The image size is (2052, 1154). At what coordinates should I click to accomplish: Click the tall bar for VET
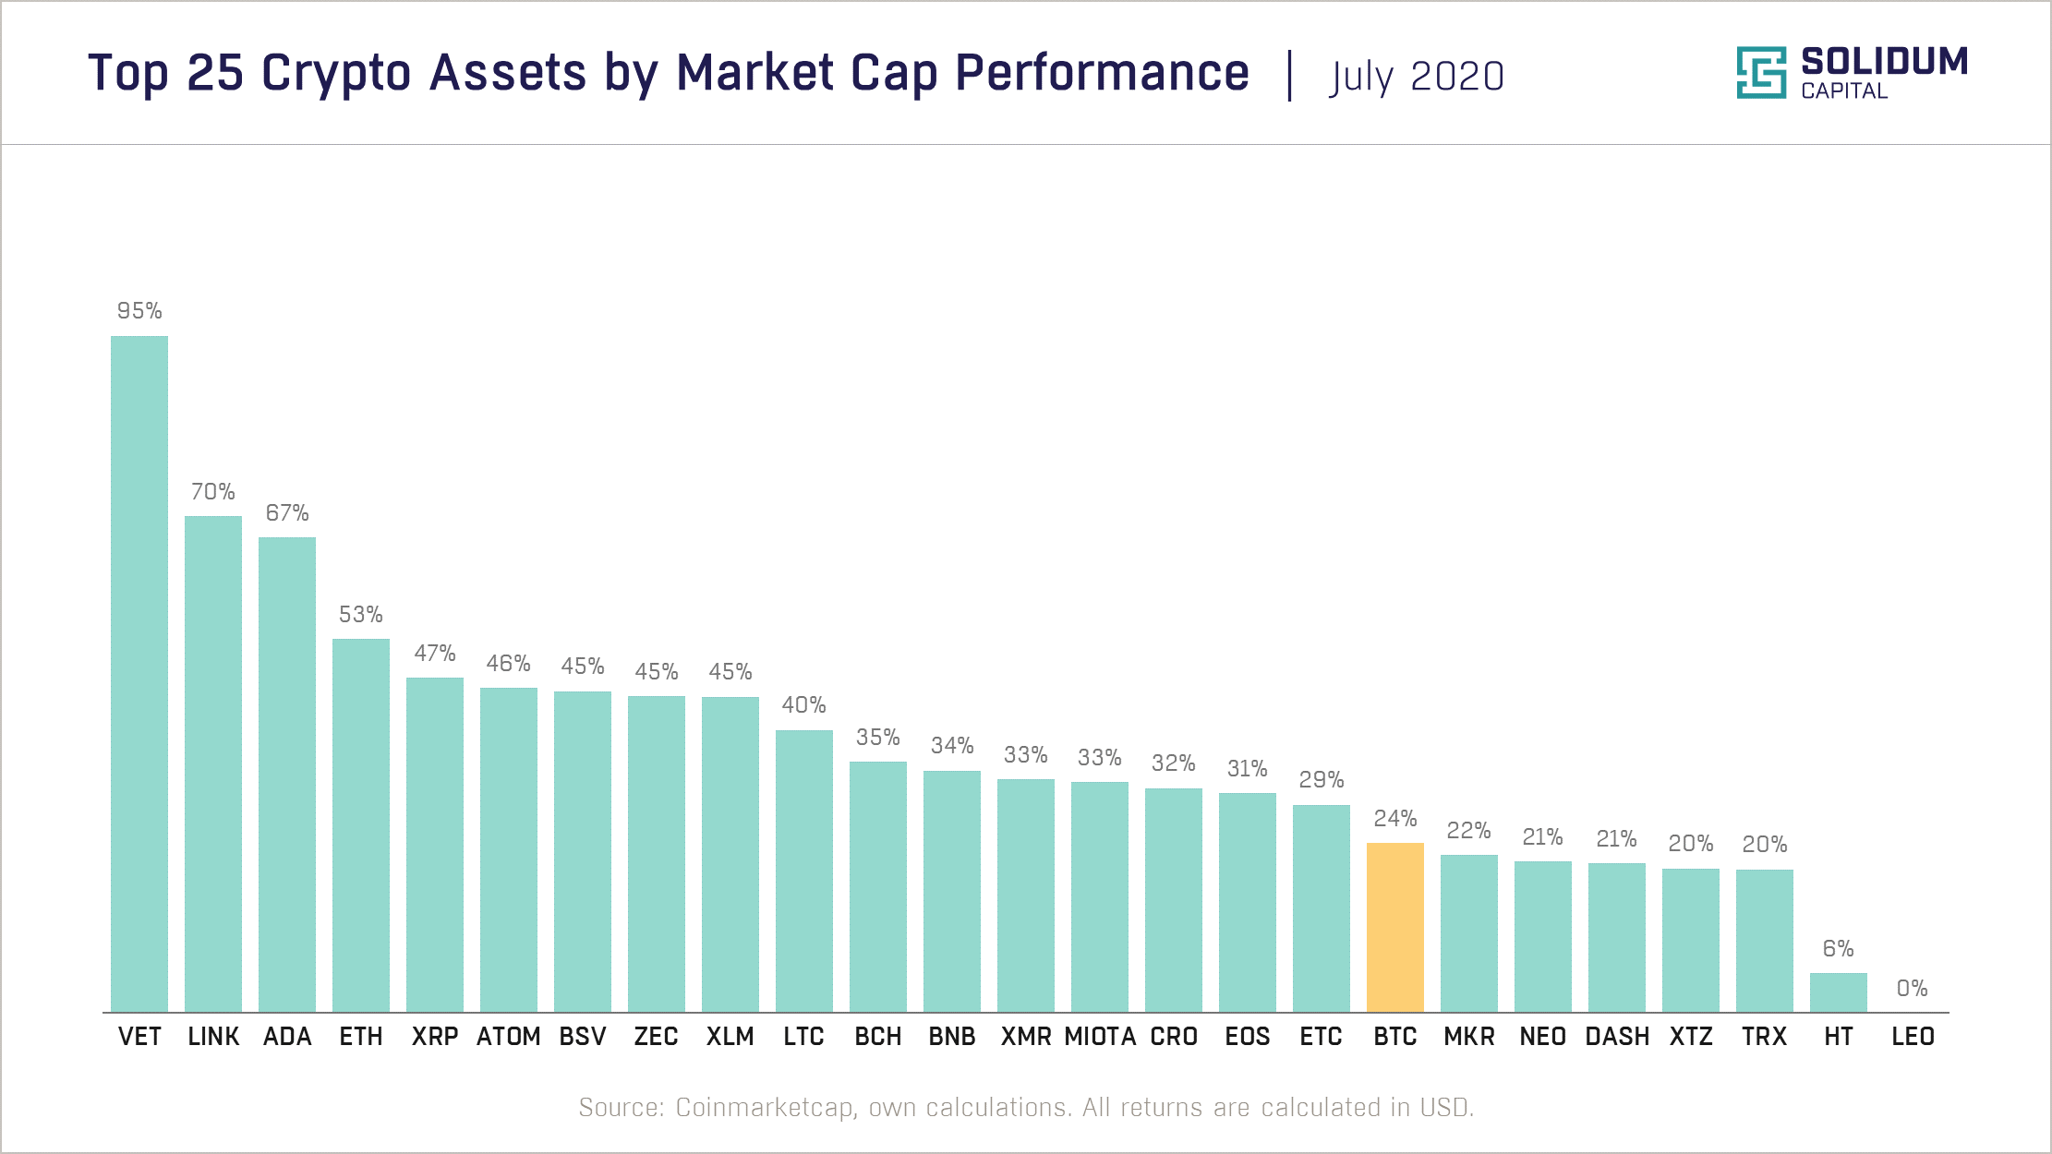tap(139, 674)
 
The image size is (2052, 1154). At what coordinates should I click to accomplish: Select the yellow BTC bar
tap(1394, 927)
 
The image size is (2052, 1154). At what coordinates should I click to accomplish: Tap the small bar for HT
tap(1838, 992)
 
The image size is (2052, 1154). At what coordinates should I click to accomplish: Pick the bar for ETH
tap(361, 825)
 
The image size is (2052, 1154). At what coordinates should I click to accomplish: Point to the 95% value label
tap(139, 311)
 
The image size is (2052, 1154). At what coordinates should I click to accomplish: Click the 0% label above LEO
tap(1912, 989)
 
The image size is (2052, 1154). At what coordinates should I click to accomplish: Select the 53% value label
tap(361, 615)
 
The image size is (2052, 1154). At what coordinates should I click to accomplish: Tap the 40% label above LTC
tap(803, 705)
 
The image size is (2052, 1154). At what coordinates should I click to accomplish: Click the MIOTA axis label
tap(1100, 1037)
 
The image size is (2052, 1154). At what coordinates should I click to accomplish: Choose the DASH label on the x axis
tap(1617, 1037)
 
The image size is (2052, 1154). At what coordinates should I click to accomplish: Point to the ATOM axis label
tap(509, 1037)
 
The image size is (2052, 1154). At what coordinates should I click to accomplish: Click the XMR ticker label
tap(1026, 1037)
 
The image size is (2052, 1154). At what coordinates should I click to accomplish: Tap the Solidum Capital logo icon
tap(1760, 72)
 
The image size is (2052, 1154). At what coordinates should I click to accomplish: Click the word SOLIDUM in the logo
tap(1884, 62)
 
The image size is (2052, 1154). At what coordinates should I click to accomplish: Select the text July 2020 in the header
tap(1417, 77)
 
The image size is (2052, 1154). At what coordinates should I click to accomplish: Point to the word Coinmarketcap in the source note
tap(763, 1107)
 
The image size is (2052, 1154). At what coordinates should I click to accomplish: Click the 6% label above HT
tap(1838, 949)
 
